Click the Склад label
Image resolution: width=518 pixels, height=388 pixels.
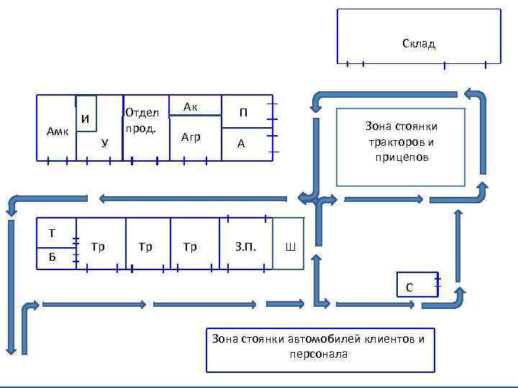(x=419, y=44)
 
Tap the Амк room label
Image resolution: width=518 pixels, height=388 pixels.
(x=58, y=131)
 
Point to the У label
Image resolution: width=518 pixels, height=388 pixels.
(x=105, y=142)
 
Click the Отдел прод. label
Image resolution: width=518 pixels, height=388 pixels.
(x=142, y=120)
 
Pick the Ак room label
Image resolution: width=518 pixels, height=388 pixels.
(x=191, y=107)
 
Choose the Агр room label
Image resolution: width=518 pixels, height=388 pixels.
(x=191, y=137)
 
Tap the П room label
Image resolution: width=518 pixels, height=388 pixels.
(x=244, y=112)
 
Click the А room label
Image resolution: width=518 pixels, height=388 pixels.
(x=242, y=144)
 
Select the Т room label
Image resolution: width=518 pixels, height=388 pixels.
(x=52, y=232)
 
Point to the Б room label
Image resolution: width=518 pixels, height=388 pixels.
(x=52, y=257)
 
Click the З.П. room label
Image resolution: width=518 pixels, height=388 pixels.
(x=245, y=247)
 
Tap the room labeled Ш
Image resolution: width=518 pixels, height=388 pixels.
(x=290, y=248)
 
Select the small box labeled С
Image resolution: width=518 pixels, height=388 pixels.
(x=409, y=287)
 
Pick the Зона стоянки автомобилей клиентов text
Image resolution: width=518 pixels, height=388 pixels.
(x=319, y=339)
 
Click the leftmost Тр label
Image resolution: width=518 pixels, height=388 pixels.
(x=99, y=247)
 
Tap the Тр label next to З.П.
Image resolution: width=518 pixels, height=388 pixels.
(x=190, y=247)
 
